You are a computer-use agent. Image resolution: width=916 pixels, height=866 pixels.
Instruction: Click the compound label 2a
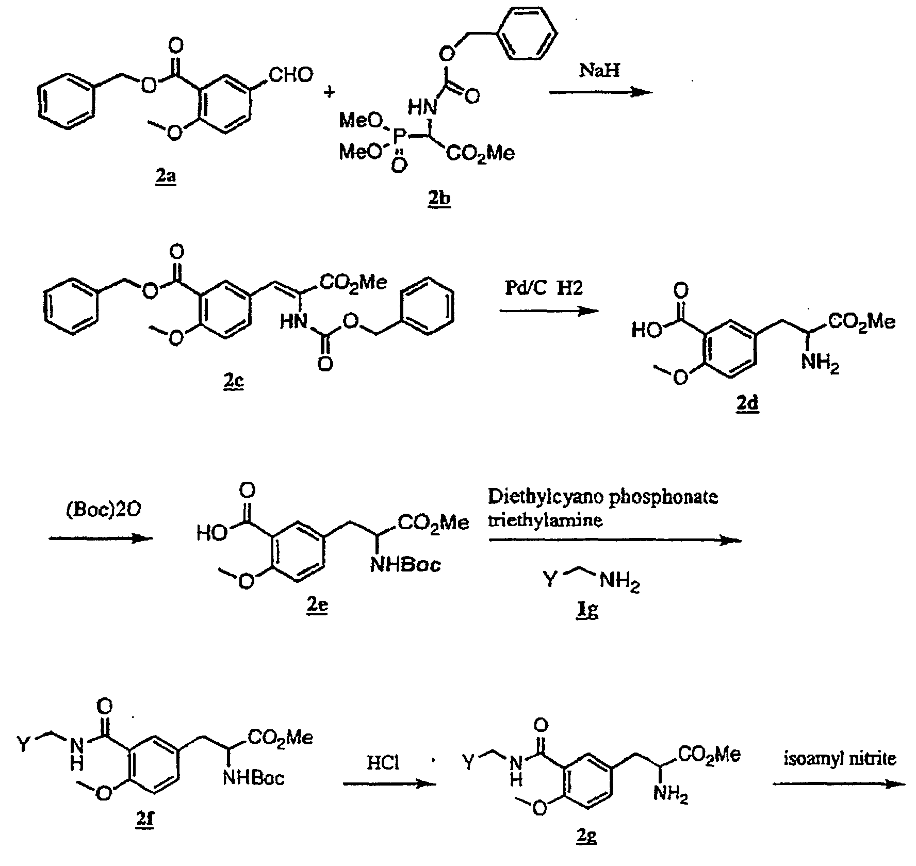pyautogui.click(x=166, y=178)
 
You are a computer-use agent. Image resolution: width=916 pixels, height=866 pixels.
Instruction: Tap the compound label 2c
pyautogui.click(x=233, y=383)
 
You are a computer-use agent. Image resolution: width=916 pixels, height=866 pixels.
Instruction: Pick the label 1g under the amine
pyautogui.click(x=587, y=611)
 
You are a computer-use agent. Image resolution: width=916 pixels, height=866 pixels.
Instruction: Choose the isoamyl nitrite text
pyautogui.click(x=840, y=758)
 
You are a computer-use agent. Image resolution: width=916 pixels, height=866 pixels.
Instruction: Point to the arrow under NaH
pyautogui.click(x=601, y=92)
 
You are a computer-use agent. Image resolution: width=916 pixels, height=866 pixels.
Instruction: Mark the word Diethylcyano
pyautogui.click(x=547, y=497)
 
